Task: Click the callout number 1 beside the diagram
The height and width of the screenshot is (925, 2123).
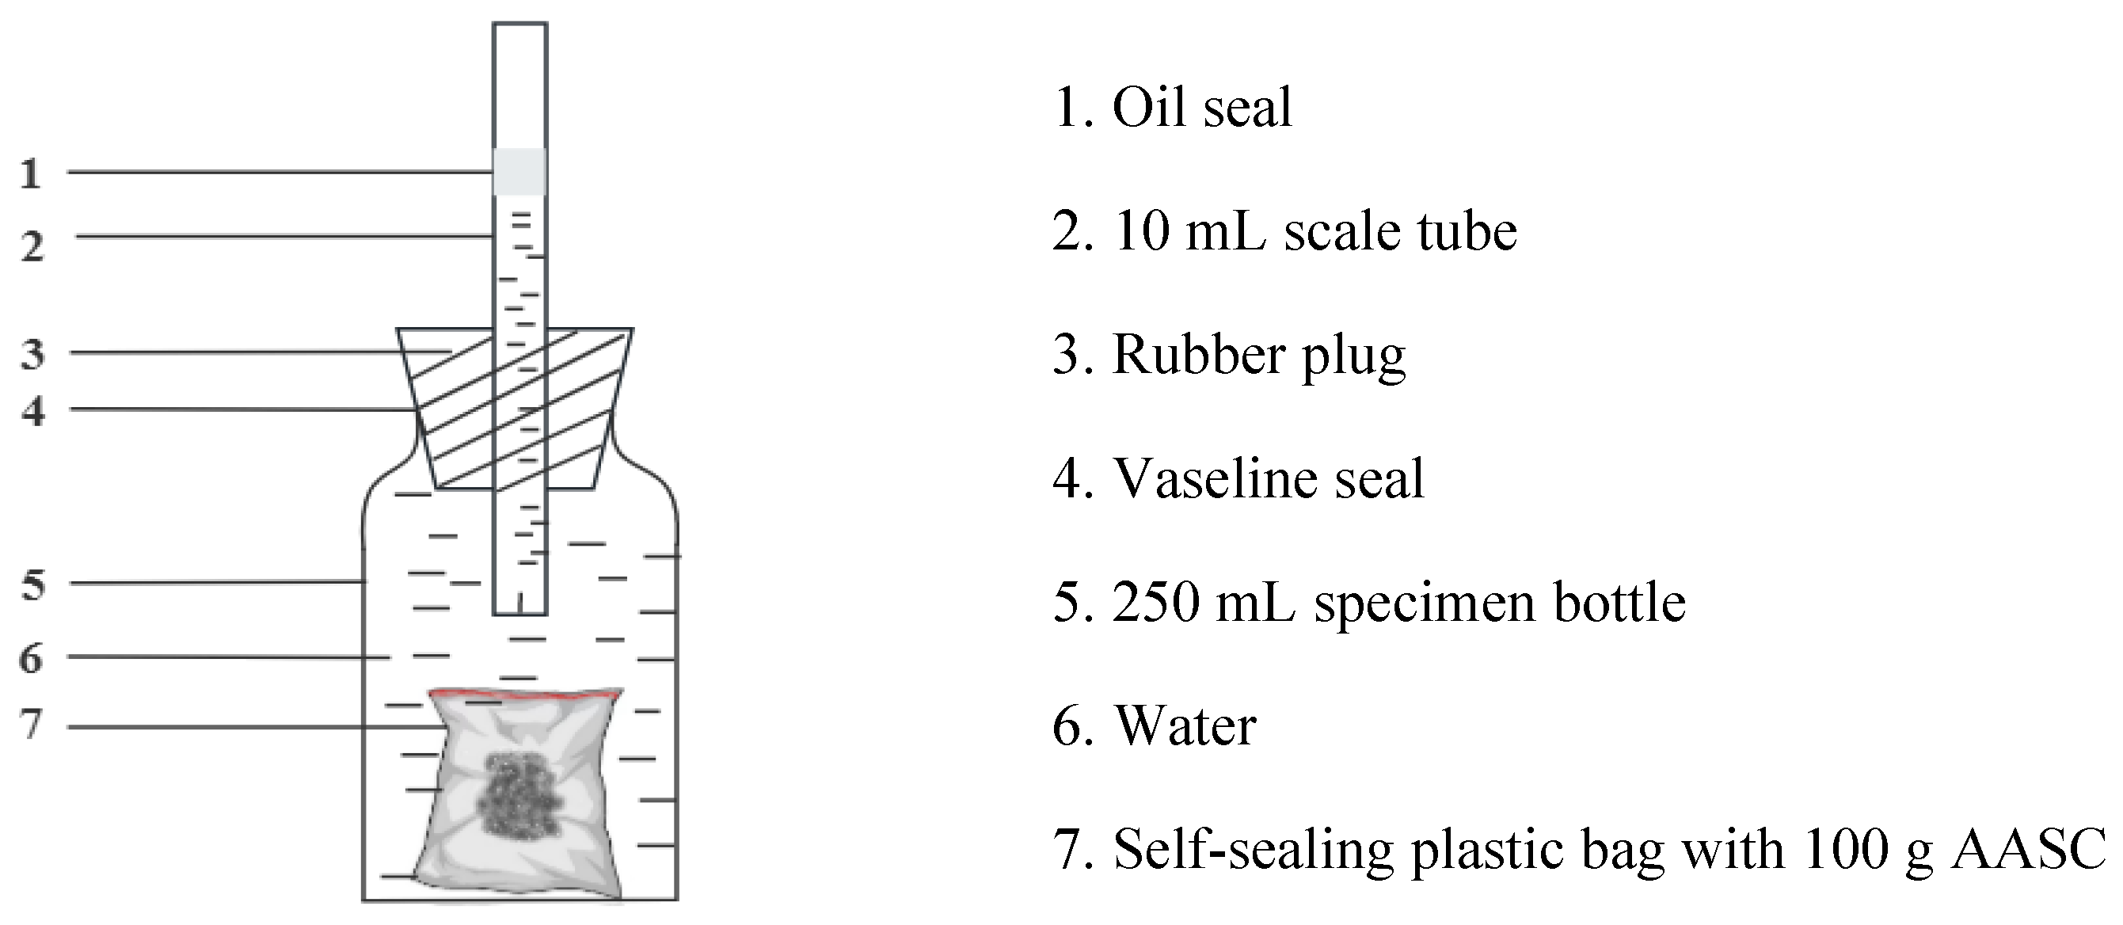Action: tap(31, 174)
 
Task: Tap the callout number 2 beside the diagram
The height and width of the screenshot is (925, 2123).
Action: tap(32, 246)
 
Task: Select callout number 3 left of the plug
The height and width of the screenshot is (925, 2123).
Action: tap(32, 354)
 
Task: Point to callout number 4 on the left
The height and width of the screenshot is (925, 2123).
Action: tap(32, 409)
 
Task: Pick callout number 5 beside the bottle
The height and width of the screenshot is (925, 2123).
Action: tap(33, 584)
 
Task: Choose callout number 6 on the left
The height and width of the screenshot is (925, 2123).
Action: tap(32, 658)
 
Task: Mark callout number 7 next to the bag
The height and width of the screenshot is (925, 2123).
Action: tap(32, 724)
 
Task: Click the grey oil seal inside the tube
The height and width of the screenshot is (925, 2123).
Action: tap(519, 172)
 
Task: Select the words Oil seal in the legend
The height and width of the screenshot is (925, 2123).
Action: tap(1202, 107)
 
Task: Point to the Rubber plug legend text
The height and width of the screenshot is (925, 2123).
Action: tap(1259, 356)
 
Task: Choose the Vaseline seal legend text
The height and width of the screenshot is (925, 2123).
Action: tap(1269, 478)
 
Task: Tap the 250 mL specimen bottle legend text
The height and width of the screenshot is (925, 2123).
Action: tap(1398, 603)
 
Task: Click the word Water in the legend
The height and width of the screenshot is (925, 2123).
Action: tap(1185, 726)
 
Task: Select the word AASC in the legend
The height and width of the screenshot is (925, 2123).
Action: tap(2028, 848)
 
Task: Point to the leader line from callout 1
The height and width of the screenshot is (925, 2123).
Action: tap(280, 173)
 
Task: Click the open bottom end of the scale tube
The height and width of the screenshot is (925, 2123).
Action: tap(519, 614)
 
